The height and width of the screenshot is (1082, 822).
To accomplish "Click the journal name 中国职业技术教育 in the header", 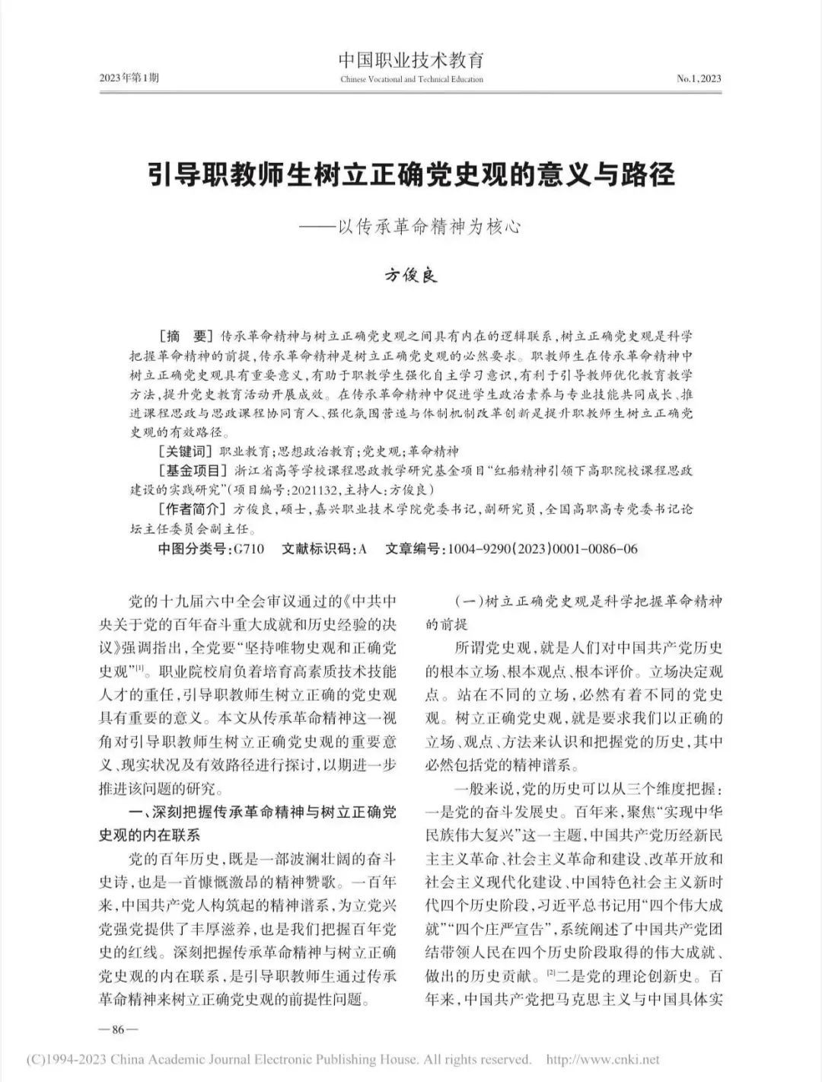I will coord(411,60).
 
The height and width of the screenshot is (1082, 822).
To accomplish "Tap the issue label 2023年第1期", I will coord(129,78).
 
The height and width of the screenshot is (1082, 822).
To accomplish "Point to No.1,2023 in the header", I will coord(698,78).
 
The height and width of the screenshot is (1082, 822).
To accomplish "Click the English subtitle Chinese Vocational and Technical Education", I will coord(411,79).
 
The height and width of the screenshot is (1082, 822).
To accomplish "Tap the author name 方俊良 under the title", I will coord(411,276).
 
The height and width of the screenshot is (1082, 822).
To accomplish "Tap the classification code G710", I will coord(249,548).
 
